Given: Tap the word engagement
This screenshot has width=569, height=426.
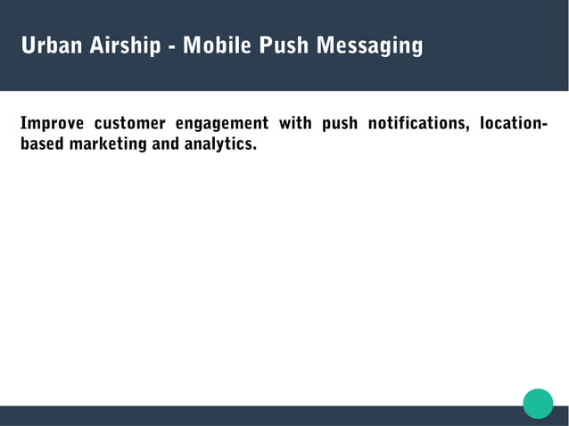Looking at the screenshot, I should tap(222, 124).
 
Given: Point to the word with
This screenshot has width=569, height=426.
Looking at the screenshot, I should tap(295, 123).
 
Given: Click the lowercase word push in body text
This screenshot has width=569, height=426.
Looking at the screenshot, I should tap(340, 124).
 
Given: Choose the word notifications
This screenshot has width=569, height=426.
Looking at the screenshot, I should tap(417, 123).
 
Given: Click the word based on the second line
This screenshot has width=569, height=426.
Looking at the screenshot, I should tap(37, 143).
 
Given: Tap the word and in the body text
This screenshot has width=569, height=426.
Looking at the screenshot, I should tap(166, 143).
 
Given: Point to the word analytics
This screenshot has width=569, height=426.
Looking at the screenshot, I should tap(219, 143).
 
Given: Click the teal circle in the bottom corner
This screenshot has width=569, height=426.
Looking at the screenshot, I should tap(538, 403).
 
